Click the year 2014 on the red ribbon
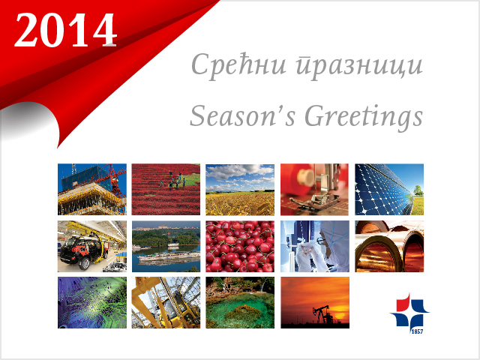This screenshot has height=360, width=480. pyautogui.click(x=65, y=30)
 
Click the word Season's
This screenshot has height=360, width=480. pyautogui.click(x=242, y=115)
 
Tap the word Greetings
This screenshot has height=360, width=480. pyautogui.click(x=364, y=118)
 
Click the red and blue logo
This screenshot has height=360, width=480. pyautogui.click(x=409, y=310)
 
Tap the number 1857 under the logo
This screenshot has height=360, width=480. pyautogui.click(x=418, y=331)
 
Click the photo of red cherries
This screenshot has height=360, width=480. pyautogui.click(x=240, y=247)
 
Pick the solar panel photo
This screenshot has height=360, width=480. pyautogui.click(x=389, y=190)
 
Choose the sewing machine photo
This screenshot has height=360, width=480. pyautogui.click(x=314, y=190)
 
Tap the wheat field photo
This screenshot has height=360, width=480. pyautogui.click(x=240, y=190)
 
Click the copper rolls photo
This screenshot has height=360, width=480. pyautogui.click(x=389, y=247)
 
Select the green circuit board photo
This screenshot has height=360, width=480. pyautogui.click(x=92, y=302)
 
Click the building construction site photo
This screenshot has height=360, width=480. pyautogui.click(x=92, y=190)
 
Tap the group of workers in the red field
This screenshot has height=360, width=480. pyautogui.click(x=173, y=181)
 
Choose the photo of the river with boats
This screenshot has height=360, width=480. pyautogui.click(x=166, y=247)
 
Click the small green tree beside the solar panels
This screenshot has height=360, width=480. pyautogui.click(x=418, y=190)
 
